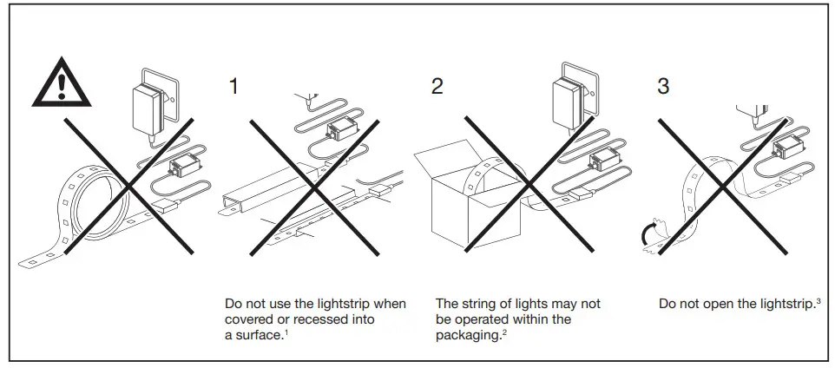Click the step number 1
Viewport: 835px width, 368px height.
(x=233, y=86)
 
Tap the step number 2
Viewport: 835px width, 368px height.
(x=437, y=86)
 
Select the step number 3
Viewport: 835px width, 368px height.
(x=664, y=86)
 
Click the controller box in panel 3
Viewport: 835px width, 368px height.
(x=788, y=147)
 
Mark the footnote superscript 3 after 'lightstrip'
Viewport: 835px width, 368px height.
(x=819, y=300)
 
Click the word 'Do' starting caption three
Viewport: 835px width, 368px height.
(x=667, y=304)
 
